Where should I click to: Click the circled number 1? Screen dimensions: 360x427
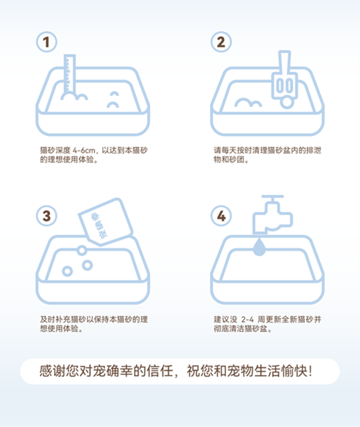click(47, 42)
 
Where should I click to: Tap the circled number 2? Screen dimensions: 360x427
click(221, 42)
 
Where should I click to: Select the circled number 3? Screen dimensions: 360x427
click(47, 216)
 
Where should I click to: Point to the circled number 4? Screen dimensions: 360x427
click(221, 216)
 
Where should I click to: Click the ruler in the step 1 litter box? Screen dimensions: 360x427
click(70, 73)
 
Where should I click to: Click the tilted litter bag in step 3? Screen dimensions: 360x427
click(106, 221)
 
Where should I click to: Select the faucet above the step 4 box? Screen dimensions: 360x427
click(272, 214)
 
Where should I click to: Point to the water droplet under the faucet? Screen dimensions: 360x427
click(259, 247)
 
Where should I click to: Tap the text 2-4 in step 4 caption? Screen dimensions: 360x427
click(247, 320)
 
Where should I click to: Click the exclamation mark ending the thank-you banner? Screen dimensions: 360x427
click(310, 371)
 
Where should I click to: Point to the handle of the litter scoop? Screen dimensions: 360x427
click(285, 61)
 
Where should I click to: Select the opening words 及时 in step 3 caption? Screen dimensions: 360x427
click(48, 320)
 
